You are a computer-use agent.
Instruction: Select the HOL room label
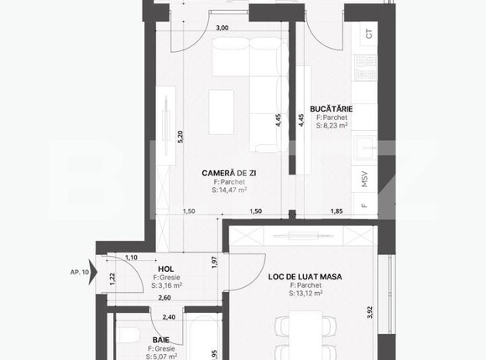pos(167,269)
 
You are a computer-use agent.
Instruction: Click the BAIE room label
pos(161,339)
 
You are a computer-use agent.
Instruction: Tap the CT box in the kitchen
pos(368,34)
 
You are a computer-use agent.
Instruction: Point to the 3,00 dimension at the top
pos(222,28)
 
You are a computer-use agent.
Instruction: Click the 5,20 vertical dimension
pos(180,137)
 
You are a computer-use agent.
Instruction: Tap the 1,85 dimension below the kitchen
pos(337,211)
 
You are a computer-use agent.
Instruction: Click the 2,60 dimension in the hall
pos(165,298)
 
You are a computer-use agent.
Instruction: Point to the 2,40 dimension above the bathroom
pos(169,317)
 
